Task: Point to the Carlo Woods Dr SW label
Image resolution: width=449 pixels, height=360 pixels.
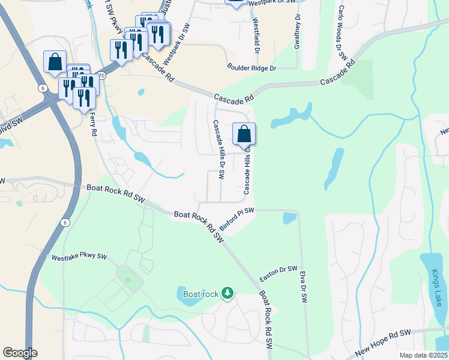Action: coord(343,33)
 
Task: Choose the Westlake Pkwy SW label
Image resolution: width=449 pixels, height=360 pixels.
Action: coord(79,257)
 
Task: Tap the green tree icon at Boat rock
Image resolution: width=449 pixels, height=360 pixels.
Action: coord(228,293)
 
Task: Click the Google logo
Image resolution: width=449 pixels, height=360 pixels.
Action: coord(20,353)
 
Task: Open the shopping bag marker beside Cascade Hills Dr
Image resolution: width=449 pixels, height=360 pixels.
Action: coord(244,134)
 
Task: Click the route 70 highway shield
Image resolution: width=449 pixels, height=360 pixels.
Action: coord(101,76)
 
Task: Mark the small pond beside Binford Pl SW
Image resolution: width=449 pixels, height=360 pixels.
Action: coord(289,217)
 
